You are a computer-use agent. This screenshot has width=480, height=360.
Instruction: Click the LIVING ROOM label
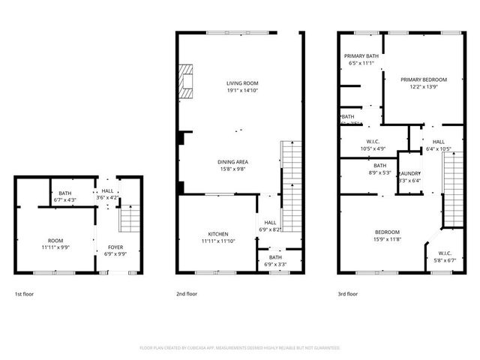click(242, 83)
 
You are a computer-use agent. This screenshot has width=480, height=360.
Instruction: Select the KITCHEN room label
click(218, 234)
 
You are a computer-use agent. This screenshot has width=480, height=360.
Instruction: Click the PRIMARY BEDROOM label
click(423, 79)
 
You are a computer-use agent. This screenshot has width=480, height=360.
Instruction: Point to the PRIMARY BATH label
click(361, 56)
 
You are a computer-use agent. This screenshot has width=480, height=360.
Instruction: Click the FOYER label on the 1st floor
click(115, 247)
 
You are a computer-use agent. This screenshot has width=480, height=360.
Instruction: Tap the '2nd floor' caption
click(187, 294)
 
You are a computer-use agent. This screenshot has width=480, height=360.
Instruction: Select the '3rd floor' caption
click(348, 294)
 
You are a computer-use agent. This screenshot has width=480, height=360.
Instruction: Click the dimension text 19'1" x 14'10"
click(242, 90)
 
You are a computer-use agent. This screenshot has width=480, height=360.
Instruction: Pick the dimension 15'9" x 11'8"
click(388, 238)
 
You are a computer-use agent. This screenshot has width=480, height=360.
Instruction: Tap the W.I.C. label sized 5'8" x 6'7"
click(444, 253)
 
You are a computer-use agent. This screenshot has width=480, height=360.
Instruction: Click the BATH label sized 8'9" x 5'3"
click(380, 166)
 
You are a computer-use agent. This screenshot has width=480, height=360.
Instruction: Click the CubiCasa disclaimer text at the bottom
click(240, 348)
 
